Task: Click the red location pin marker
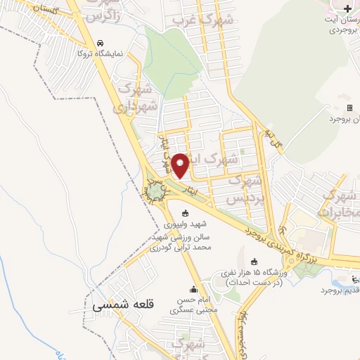tap(180, 165)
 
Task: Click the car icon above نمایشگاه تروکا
tap(101, 42)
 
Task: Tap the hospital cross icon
tap(349, 7)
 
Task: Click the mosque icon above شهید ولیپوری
tap(186, 214)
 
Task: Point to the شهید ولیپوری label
tap(186, 226)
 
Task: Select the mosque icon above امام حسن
tap(194, 288)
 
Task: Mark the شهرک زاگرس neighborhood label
tap(108, 10)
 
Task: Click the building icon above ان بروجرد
tap(349, 108)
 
